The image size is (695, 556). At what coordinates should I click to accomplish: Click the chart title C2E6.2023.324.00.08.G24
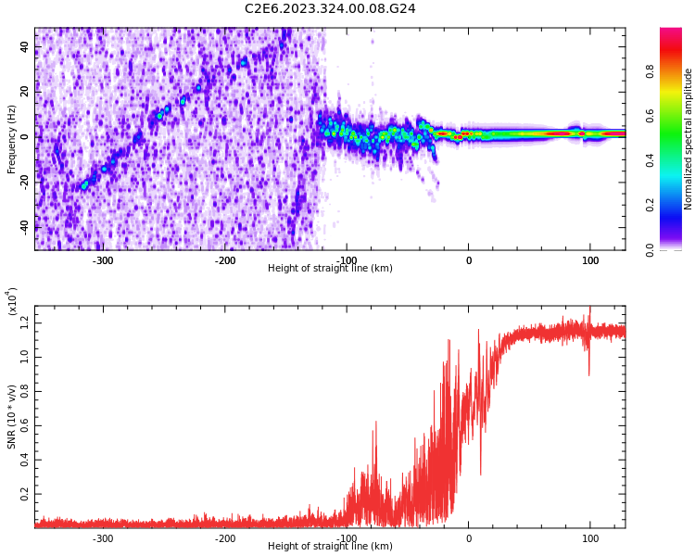click(x=330, y=8)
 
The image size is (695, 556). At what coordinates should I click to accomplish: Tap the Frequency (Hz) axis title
click(x=12, y=139)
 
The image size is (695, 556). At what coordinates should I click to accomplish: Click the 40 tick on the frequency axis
click(x=25, y=47)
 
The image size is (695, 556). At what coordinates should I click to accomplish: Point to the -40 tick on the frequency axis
click(x=23, y=226)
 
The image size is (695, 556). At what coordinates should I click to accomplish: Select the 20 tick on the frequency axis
click(x=25, y=92)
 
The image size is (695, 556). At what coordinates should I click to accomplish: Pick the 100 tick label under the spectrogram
click(x=590, y=260)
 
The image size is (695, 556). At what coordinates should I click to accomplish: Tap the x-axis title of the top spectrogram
click(x=330, y=269)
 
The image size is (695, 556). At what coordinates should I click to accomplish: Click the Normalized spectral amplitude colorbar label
click(x=689, y=139)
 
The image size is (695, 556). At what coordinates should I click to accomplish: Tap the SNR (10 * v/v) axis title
click(x=12, y=417)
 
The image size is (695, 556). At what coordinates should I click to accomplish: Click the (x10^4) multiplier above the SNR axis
click(x=12, y=302)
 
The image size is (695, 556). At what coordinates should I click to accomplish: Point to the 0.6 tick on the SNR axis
click(x=23, y=424)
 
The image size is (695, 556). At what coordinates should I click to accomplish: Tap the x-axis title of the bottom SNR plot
click(x=330, y=547)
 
